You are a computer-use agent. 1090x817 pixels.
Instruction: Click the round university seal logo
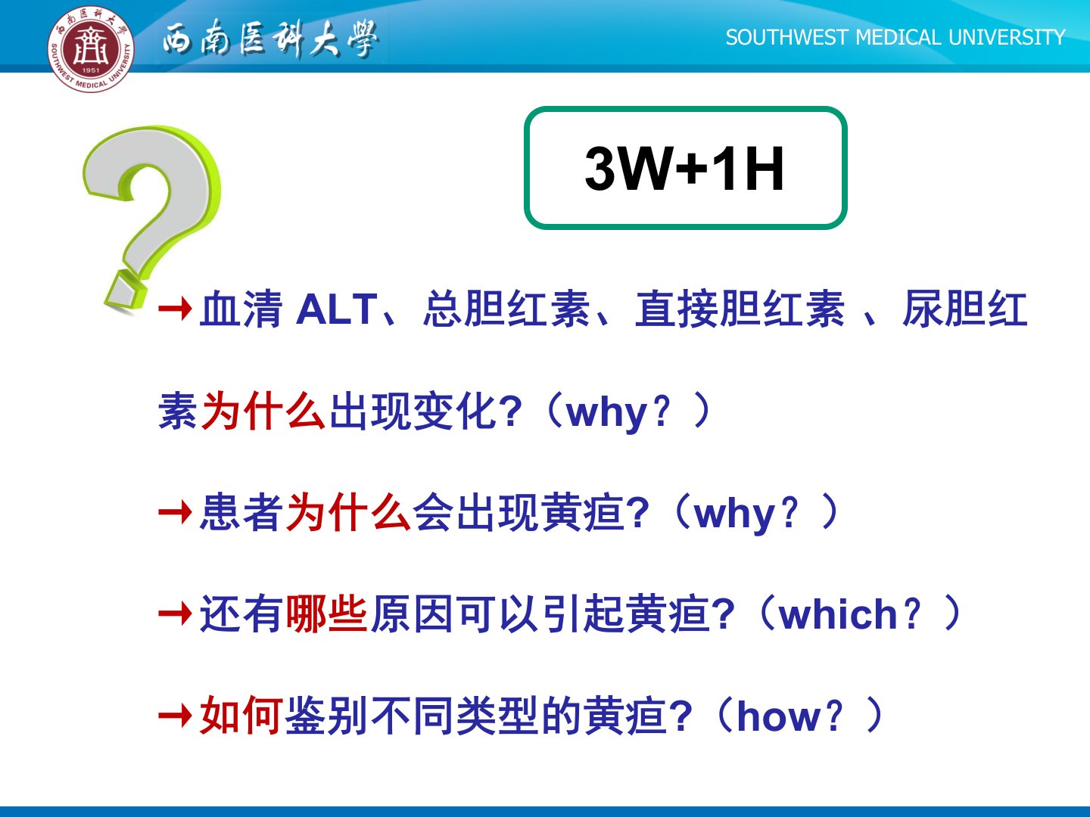[90, 48]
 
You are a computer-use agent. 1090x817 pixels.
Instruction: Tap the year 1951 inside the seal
[90, 70]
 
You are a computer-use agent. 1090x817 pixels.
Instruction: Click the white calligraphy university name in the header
[271, 39]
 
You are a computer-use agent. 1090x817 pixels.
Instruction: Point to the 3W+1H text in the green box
[685, 168]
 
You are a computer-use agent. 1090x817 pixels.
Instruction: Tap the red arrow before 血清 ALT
[176, 309]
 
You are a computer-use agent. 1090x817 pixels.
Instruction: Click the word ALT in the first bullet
[336, 309]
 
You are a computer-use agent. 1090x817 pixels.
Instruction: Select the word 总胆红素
[506, 309]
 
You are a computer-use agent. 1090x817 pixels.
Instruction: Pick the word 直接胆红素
[740, 309]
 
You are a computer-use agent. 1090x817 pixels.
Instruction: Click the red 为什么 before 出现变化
[263, 410]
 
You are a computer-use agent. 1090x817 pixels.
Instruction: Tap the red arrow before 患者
[176, 511]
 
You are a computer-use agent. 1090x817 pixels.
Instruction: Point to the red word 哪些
[327, 614]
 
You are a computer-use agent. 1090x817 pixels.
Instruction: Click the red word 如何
[241, 716]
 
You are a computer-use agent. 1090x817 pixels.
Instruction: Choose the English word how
[780, 716]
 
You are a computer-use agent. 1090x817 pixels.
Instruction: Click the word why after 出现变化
[607, 413]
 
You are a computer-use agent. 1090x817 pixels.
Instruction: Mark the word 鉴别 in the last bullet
[327, 716]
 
